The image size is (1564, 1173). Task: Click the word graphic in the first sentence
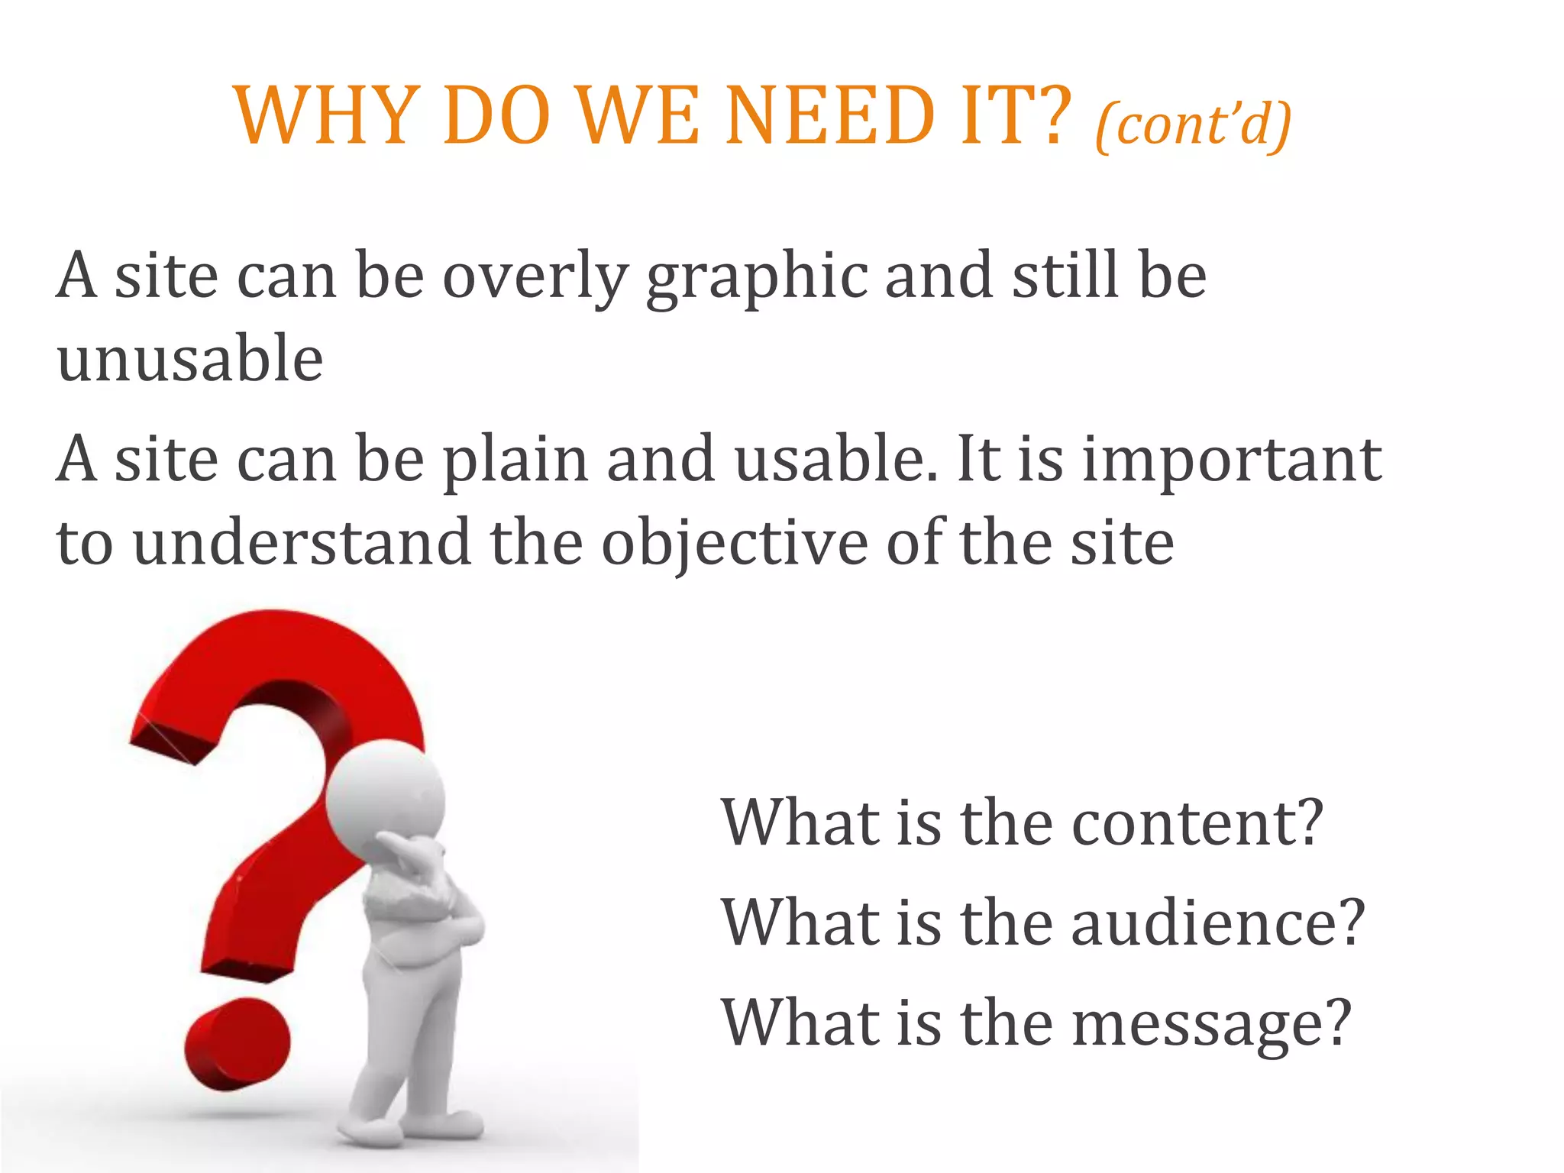coord(757,276)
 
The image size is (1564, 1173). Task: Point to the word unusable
coord(190,358)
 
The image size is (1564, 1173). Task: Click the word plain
coord(516,460)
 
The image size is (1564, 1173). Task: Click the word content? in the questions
coord(1197,822)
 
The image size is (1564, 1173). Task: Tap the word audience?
coord(1218,923)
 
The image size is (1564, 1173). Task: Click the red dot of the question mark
coord(238,1043)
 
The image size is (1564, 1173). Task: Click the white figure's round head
coord(386,799)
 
